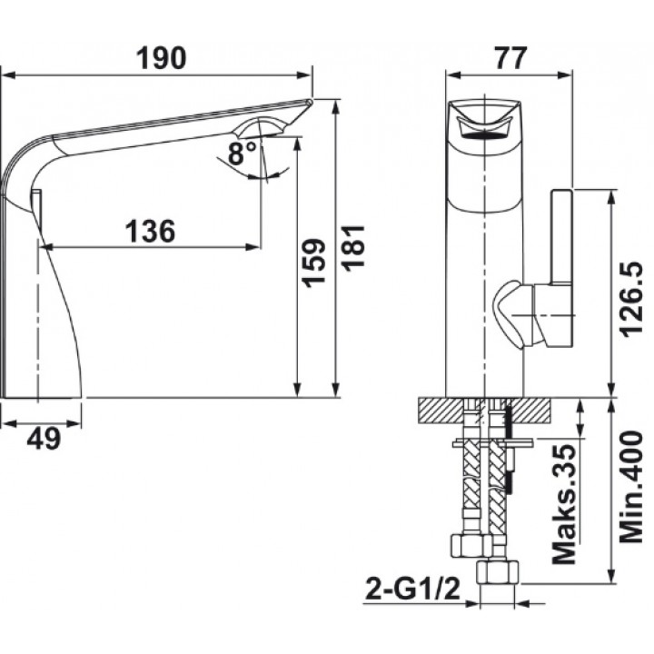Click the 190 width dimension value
[x=162, y=58]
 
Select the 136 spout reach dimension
[x=151, y=231]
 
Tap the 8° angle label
[x=243, y=154]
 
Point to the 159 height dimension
[x=313, y=263]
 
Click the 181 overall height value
[x=353, y=249]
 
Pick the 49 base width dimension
[x=44, y=439]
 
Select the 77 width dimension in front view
[x=510, y=58]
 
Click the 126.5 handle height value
[x=631, y=299]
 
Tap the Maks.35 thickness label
[x=564, y=504]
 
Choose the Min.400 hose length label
[x=631, y=487]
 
